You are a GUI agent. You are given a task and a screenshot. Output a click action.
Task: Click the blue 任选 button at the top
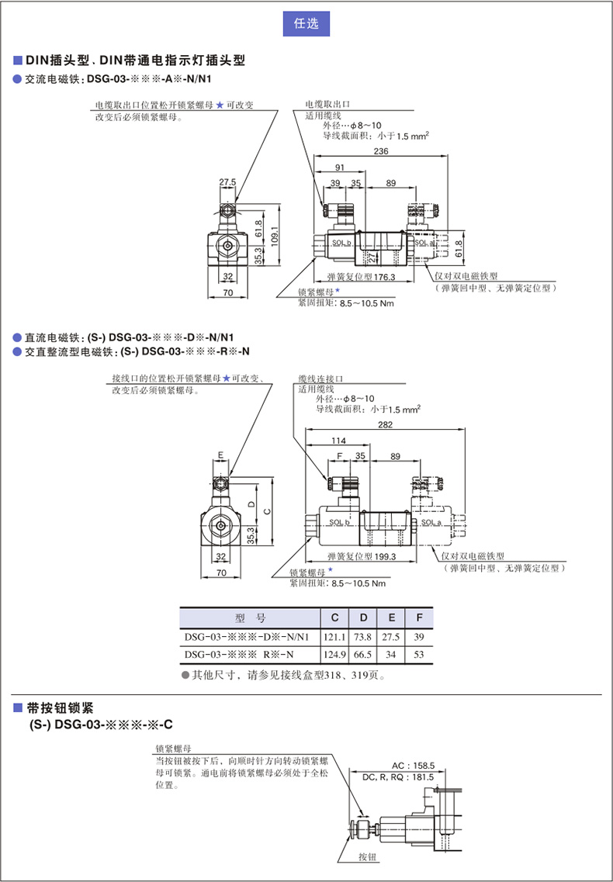click(306, 23)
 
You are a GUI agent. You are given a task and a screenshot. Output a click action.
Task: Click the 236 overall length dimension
click(381, 151)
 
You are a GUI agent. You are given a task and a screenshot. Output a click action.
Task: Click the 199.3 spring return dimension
click(361, 556)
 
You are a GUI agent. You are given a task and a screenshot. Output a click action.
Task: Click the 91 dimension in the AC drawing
click(340, 168)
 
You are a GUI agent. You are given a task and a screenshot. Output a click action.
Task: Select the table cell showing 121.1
click(335, 637)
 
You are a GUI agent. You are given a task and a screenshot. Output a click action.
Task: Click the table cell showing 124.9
click(335, 655)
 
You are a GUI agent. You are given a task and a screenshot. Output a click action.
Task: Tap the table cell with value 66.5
click(363, 655)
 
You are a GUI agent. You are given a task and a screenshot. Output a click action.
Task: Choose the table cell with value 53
click(420, 655)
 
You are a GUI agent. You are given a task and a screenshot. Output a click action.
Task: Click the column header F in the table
click(420, 618)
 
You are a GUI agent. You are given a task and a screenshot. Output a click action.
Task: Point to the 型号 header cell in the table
click(250, 618)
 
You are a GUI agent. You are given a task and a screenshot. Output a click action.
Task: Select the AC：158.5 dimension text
click(413, 764)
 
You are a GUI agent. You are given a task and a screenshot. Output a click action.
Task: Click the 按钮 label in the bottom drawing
click(367, 857)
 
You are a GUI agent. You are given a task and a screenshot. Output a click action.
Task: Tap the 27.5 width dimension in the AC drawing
click(227, 182)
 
